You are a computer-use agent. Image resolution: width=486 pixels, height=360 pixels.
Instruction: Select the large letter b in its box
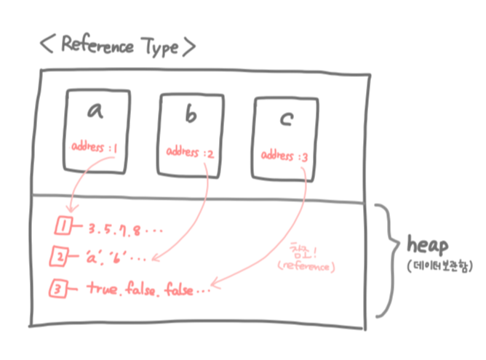click(191, 115)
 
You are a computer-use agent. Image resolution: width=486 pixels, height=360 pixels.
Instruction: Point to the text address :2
click(191, 152)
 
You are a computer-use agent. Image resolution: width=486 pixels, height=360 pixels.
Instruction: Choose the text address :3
click(285, 157)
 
